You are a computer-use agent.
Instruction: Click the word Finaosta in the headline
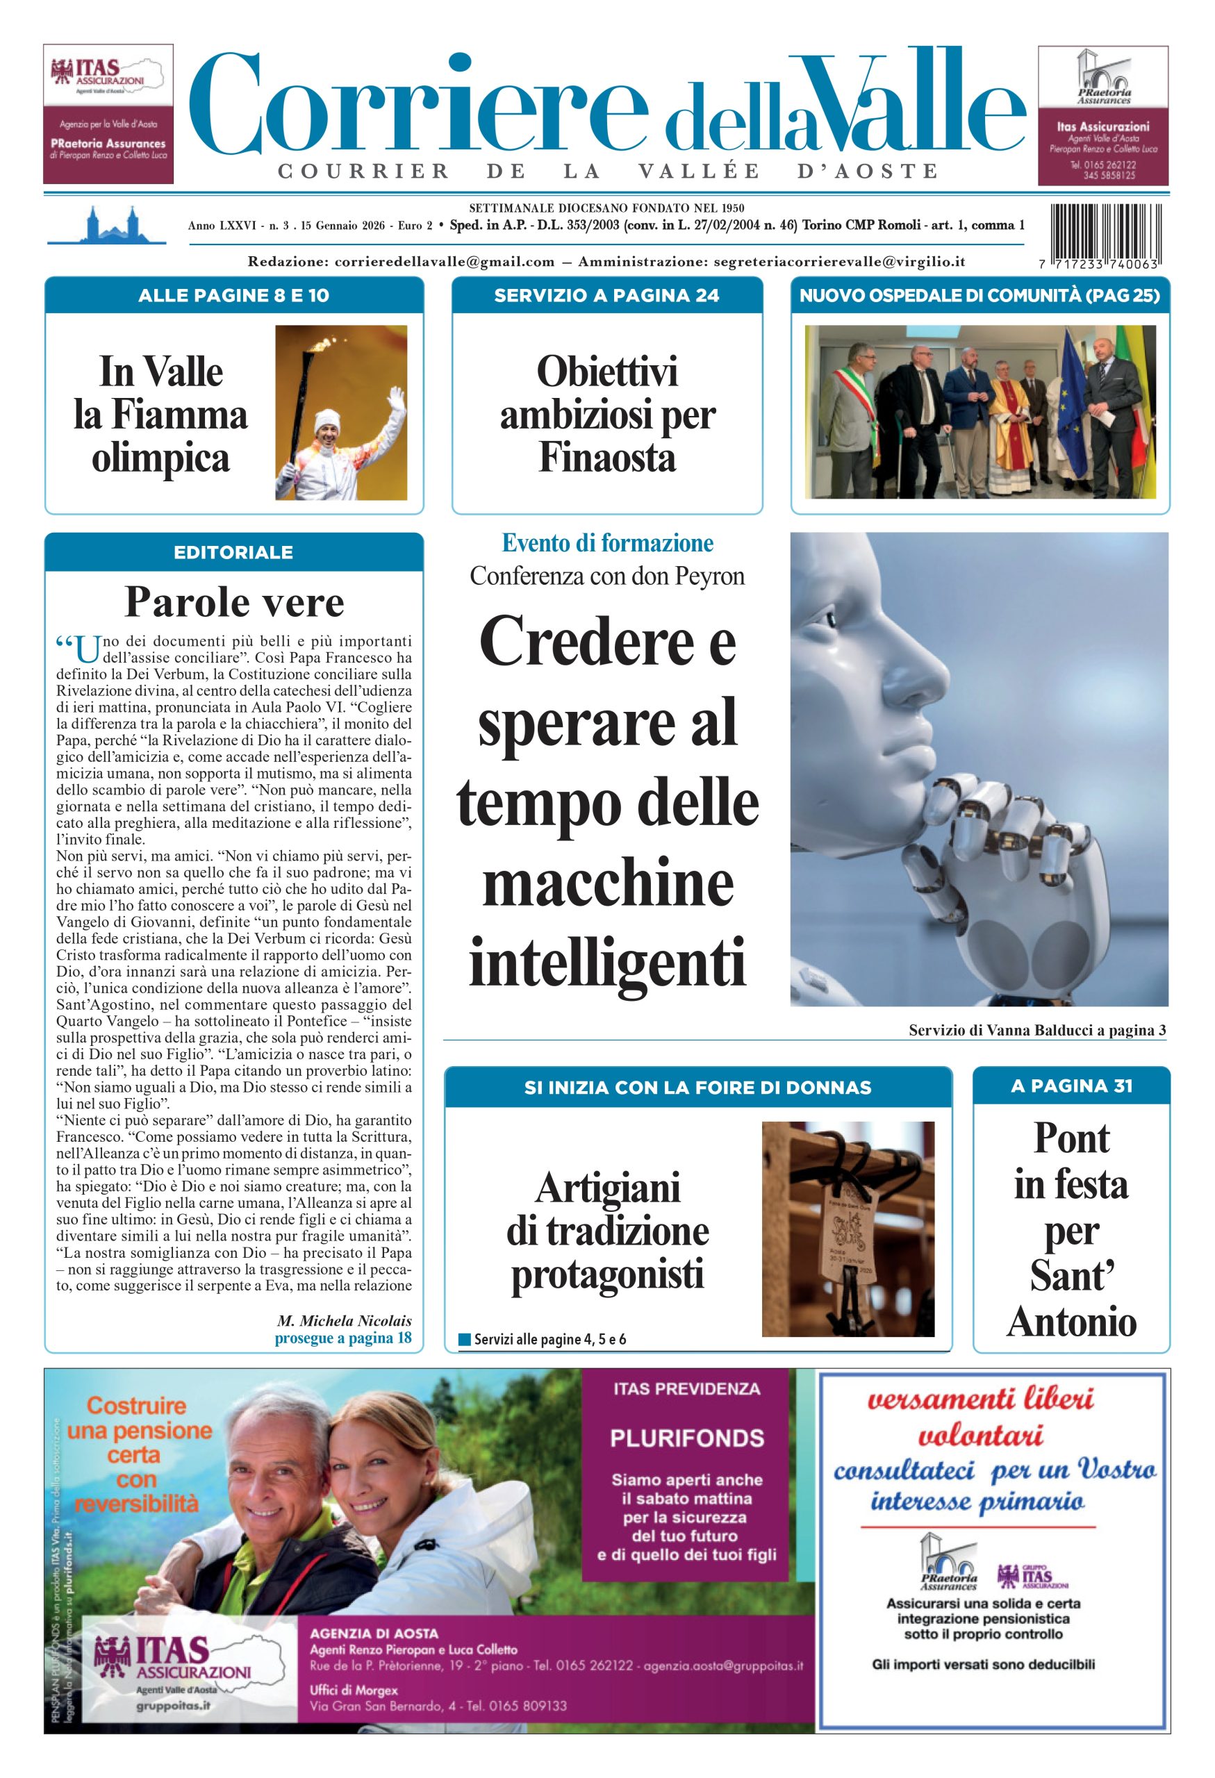click(x=606, y=458)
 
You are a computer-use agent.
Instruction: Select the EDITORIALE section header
click(x=233, y=552)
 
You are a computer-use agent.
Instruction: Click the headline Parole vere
click(x=234, y=602)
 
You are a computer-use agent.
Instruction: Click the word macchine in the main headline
click(x=607, y=884)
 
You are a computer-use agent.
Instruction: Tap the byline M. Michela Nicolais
click(x=345, y=1320)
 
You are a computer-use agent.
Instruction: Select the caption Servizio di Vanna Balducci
click(x=1036, y=1030)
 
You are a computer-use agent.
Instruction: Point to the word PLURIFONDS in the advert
click(x=686, y=1438)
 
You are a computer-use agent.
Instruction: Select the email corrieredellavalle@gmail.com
click(x=445, y=262)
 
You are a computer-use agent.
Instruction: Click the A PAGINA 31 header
click(x=1071, y=1086)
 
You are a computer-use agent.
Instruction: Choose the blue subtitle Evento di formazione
click(x=606, y=543)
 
